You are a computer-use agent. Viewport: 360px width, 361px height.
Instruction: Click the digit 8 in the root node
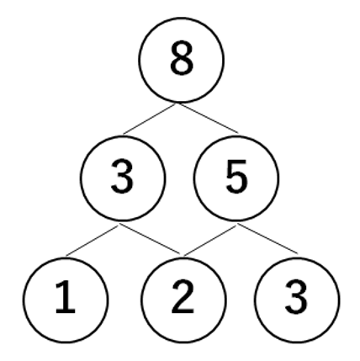point(182,58)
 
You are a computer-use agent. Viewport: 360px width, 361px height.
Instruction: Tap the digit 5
point(236,177)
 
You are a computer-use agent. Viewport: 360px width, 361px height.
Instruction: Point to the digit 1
point(66,297)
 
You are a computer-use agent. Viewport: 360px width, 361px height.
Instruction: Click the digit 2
point(183,296)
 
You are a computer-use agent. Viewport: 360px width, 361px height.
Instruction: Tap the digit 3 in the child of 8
point(122,177)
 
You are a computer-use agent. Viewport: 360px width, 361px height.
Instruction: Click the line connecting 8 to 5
point(208,118)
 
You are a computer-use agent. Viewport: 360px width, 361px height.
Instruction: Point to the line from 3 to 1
point(93,240)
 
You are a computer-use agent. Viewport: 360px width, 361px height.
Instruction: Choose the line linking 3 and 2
point(150,239)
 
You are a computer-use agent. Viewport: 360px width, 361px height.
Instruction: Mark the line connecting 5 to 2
point(210,240)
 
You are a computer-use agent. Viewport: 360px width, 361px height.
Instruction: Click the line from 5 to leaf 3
point(267,239)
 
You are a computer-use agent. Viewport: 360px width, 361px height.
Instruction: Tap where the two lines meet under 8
point(177,104)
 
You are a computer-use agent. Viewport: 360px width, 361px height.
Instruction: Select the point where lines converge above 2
point(183,255)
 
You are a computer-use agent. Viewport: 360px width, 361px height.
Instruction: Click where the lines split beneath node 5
point(238,224)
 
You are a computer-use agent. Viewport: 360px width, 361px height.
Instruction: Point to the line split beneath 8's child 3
point(119,224)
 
